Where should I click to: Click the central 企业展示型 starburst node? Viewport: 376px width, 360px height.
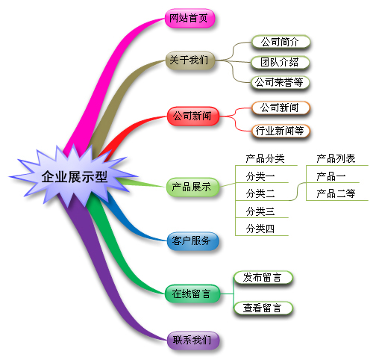[74, 177]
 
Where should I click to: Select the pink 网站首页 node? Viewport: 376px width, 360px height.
[190, 18]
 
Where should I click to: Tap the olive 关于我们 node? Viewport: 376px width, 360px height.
[190, 60]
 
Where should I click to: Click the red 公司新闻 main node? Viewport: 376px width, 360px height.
[193, 116]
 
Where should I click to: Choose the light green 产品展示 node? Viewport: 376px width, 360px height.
[192, 187]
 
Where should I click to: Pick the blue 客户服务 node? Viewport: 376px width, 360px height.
[192, 240]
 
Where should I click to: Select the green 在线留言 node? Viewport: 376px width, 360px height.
[192, 294]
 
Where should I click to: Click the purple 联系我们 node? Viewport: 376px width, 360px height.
[193, 340]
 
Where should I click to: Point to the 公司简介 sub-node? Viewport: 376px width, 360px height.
[281, 42]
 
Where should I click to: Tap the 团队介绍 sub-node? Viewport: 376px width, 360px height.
[281, 62]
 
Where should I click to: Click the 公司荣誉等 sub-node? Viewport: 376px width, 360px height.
[280, 83]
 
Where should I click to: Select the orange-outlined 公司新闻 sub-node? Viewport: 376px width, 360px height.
[281, 108]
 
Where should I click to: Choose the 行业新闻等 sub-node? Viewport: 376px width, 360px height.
[281, 131]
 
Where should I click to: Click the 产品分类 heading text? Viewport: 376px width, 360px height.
[265, 158]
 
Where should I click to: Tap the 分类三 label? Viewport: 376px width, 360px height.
[260, 211]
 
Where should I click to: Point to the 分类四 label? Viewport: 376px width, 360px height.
[260, 229]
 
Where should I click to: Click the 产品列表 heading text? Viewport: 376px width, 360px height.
[336, 158]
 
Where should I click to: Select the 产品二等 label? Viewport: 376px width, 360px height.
[336, 193]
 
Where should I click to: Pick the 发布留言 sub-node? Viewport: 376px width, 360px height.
[263, 278]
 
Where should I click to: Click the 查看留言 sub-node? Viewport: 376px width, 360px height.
[263, 308]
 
